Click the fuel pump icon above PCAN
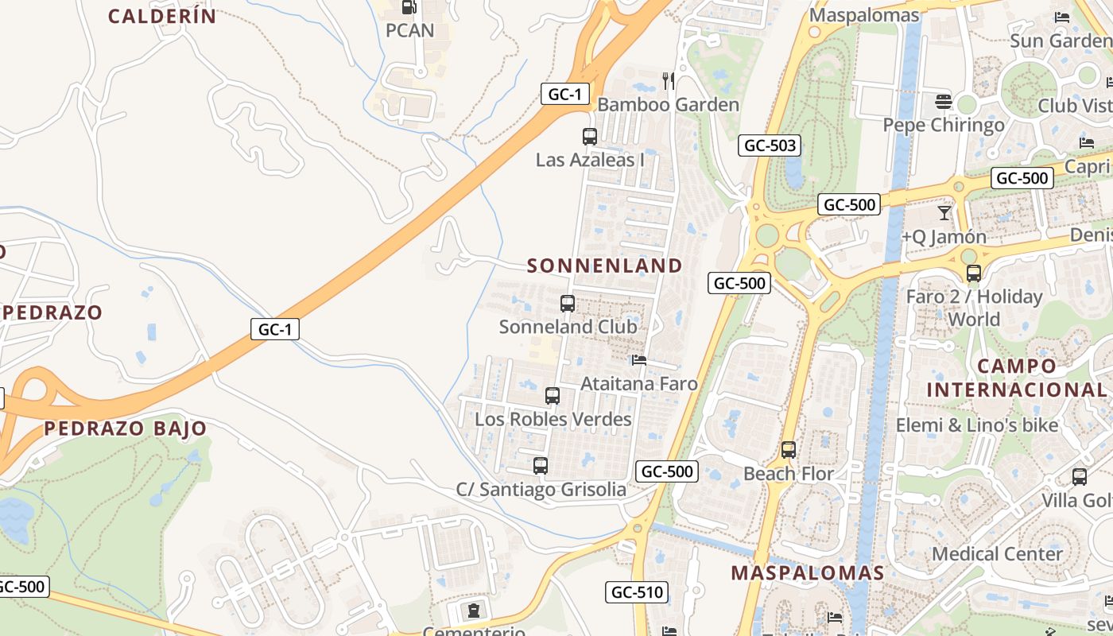409,7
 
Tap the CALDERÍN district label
162,16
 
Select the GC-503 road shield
769,145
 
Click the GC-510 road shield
636,591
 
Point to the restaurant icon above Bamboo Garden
669,80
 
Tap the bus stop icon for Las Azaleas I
589,136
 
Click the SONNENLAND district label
604,266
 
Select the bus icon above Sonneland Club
568,303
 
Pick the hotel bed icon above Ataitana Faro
638,360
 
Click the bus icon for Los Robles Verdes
553,395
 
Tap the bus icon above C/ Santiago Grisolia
541,466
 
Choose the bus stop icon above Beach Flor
789,450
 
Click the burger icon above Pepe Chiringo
944,102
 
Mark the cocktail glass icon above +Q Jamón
944,213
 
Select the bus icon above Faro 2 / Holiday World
974,273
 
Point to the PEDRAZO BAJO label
125,429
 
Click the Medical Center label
997,554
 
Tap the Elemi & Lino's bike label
977,425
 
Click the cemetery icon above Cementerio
474,611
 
